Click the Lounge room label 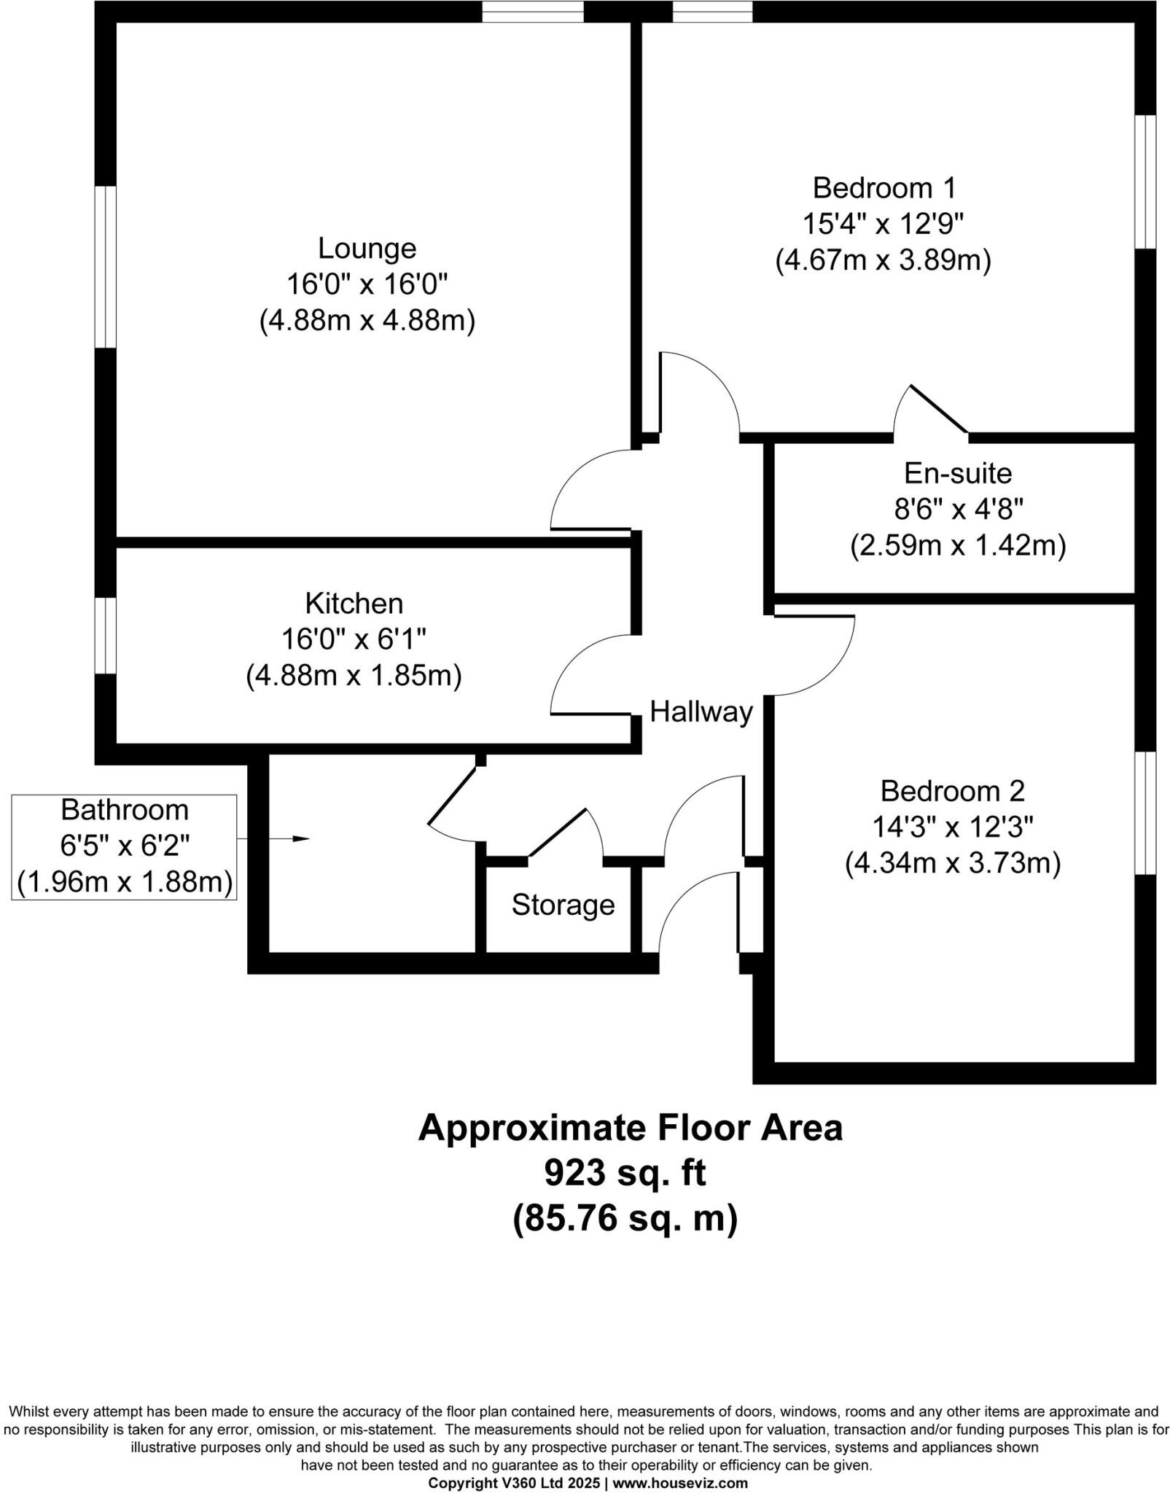click(367, 249)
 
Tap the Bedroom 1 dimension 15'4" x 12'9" click(883, 224)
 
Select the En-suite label click(957, 473)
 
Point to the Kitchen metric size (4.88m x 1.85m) click(354, 676)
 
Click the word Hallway click(701, 712)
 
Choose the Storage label click(563, 905)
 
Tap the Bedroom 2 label click(952, 790)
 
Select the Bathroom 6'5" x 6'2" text click(125, 846)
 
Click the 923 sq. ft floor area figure click(625, 1173)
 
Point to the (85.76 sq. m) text click(625, 1218)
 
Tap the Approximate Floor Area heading click(630, 1128)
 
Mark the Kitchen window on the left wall click(106, 636)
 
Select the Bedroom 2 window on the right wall click(1145, 812)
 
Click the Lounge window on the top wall click(533, 11)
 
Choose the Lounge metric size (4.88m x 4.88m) click(367, 321)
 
